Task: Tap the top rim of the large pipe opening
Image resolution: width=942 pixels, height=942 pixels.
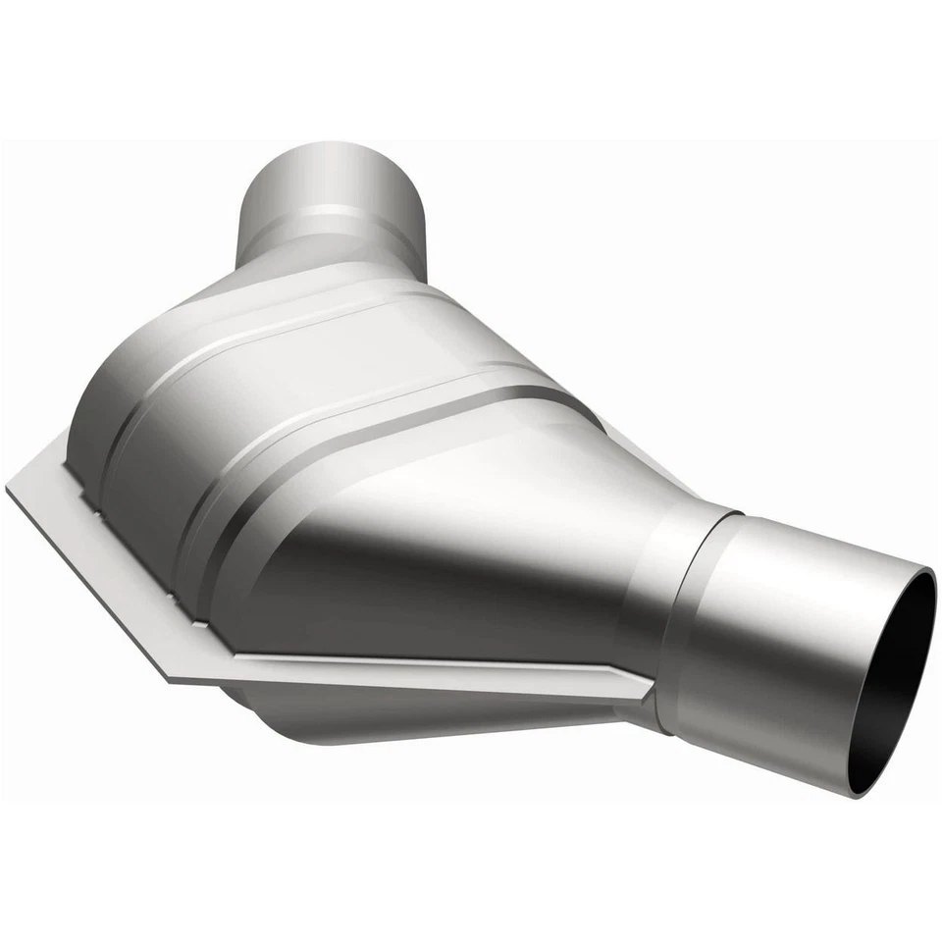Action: pos(927,579)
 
